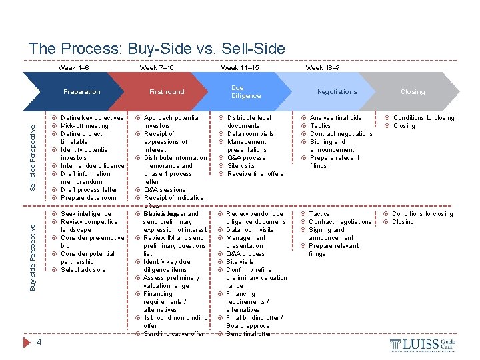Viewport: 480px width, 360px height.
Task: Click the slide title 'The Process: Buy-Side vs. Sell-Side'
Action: coord(157,49)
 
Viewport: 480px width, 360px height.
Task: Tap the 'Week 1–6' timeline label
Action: coord(73,68)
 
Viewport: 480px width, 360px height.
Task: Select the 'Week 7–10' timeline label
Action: coord(157,68)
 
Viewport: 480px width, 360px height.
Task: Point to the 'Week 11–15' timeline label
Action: coord(240,68)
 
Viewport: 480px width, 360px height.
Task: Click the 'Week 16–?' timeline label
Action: coord(322,68)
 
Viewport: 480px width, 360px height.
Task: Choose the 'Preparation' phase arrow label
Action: coord(81,92)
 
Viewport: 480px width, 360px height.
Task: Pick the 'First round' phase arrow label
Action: coord(167,92)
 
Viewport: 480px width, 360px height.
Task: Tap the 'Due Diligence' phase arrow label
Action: coord(246,92)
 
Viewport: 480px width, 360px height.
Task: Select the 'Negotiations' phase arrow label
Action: coord(337,92)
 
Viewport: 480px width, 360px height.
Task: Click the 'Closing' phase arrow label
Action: coord(413,92)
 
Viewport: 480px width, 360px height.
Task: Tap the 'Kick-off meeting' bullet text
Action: coord(85,126)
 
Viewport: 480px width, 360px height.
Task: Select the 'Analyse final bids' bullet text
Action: coord(336,118)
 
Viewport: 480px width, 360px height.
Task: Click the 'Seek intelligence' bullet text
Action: coord(86,214)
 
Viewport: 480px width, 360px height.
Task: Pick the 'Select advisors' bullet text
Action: coord(83,270)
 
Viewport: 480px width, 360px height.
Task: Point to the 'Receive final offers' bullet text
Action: coord(255,174)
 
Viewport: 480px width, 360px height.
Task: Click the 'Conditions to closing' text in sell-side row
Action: coord(423,118)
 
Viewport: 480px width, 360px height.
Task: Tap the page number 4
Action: coord(39,343)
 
